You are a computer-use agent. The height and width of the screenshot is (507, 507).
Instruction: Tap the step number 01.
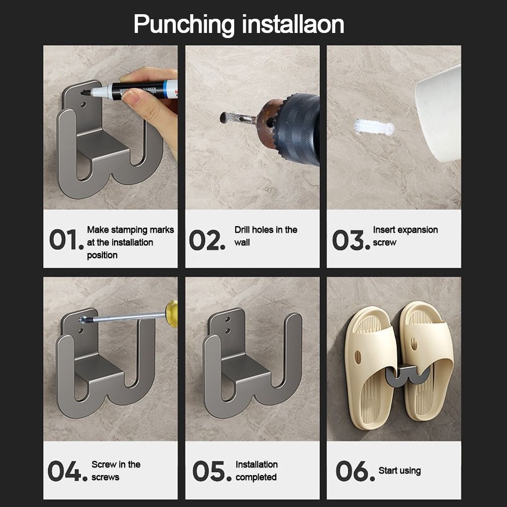click(x=66, y=240)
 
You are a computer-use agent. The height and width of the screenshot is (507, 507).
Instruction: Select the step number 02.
click(x=207, y=240)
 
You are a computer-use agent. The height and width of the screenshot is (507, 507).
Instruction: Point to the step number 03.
click(x=351, y=240)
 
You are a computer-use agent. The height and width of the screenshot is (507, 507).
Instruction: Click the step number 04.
click(x=67, y=471)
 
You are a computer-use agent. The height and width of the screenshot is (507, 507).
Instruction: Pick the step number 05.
click(x=212, y=471)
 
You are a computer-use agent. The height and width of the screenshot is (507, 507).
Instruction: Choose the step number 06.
click(x=355, y=471)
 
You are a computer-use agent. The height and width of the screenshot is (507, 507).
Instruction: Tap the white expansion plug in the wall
click(x=374, y=127)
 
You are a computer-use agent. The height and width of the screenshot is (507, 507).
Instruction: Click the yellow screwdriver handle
click(x=172, y=313)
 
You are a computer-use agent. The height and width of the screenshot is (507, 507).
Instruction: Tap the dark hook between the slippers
click(x=408, y=375)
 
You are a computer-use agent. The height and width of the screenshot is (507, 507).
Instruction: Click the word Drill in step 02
click(x=242, y=230)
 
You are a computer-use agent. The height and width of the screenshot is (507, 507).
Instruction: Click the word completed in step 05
click(x=256, y=477)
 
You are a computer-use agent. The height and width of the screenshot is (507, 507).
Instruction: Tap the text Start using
click(x=400, y=471)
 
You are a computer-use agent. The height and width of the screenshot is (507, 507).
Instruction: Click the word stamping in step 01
click(x=131, y=230)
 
